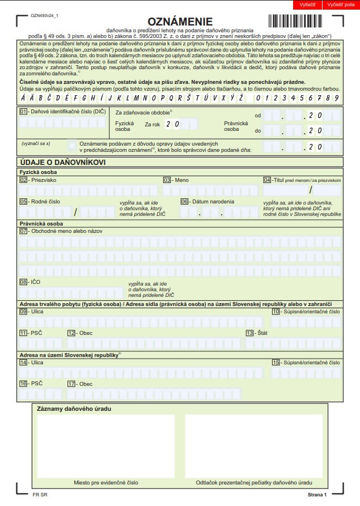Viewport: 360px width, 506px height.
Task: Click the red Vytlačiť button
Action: (x=308, y=5)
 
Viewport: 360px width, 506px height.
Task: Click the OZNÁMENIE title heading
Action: (x=180, y=22)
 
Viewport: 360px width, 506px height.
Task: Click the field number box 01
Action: (x=23, y=112)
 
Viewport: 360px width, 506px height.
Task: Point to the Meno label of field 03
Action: (x=181, y=180)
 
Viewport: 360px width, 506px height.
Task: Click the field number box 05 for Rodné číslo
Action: (x=23, y=201)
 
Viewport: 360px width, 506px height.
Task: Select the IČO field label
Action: (x=36, y=282)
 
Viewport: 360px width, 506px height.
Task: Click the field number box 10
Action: (x=276, y=312)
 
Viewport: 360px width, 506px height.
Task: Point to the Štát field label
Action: (x=262, y=333)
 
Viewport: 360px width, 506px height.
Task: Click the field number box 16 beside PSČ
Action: (x=23, y=384)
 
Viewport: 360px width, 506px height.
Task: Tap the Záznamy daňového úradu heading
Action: (x=74, y=409)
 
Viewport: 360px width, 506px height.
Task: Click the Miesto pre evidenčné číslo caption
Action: (x=106, y=483)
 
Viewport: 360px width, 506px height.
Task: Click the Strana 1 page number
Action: (x=317, y=495)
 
